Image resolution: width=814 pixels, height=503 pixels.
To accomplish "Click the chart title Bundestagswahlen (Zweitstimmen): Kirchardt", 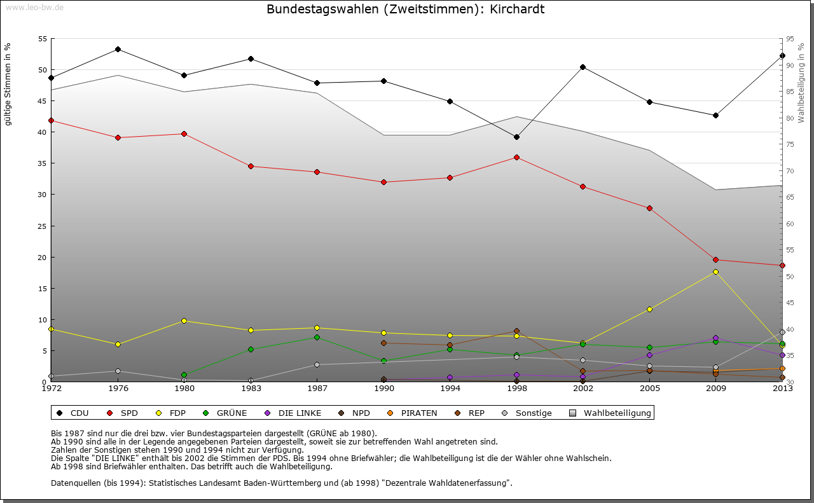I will coord(406,10).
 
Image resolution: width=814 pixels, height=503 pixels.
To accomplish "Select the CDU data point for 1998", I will coord(516,137).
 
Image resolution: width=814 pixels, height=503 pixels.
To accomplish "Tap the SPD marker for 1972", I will coord(51,120).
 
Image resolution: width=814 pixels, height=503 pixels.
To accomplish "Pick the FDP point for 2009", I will coord(715,272).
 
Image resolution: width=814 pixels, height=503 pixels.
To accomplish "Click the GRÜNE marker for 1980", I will coord(184,375).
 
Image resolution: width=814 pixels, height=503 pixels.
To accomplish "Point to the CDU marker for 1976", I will coord(118,49).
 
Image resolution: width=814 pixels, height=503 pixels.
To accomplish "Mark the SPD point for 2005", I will coord(649,208).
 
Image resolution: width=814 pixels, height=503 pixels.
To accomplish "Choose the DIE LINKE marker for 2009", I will coord(715,338).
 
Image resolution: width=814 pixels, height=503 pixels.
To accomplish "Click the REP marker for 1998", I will coord(516,331).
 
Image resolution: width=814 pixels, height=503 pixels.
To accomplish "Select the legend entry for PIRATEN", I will coord(413,413).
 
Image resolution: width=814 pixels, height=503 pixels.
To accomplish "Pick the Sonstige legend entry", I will coord(530,413).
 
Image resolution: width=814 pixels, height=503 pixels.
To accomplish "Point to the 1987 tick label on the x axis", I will coord(317,388).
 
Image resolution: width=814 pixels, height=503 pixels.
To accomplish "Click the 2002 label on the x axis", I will coord(583,388).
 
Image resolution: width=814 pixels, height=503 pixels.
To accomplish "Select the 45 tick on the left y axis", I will coord(43,100).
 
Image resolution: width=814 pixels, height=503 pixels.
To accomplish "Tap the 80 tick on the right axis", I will coord(789,118).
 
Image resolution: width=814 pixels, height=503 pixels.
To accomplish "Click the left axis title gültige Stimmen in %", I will coord(8,84).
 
